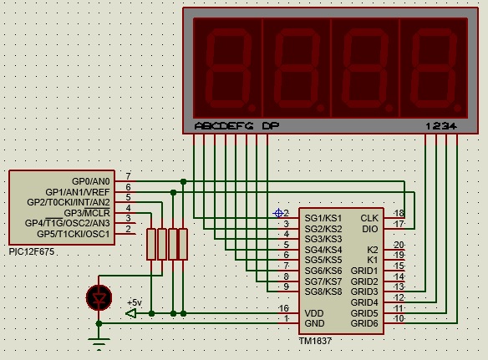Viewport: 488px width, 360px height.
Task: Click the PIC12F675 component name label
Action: [32, 251]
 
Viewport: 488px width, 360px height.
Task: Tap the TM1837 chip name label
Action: [315, 341]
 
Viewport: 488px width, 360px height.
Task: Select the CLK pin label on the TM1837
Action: [369, 218]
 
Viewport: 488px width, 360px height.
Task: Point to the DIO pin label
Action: [370, 229]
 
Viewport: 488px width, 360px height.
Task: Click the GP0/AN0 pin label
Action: [91, 181]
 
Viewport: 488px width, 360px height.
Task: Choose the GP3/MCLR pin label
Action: [87, 213]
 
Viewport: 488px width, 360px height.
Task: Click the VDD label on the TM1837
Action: [314, 313]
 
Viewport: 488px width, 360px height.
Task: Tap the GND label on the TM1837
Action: [314, 323]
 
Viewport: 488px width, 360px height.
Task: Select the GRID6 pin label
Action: [364, 323]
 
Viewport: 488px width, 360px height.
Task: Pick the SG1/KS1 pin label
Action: [323, 218]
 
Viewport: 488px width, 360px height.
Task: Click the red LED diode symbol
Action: [99, 297]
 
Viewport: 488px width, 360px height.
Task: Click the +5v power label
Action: [135, 302]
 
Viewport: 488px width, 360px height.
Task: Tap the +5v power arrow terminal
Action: [131, 313]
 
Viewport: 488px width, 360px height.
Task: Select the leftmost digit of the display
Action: [228, 68]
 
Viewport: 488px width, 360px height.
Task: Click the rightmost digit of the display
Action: [434, 68]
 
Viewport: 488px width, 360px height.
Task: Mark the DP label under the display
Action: [271, 125]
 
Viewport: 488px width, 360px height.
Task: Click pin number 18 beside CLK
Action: [399, 213]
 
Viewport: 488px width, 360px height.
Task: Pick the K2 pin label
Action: [373, 250]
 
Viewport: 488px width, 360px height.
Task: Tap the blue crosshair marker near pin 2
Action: [278, 213]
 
